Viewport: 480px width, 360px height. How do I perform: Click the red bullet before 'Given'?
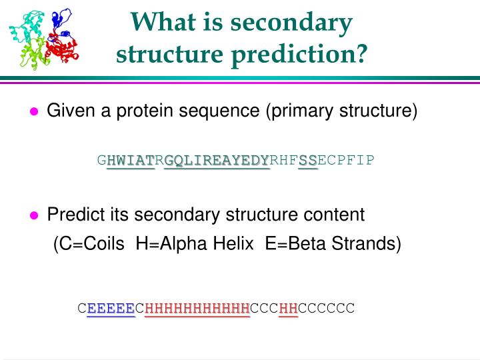click(x=35, y=112)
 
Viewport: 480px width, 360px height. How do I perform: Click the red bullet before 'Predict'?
click(x=35, y=216)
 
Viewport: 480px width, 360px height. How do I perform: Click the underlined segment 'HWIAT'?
click(x=131, y=161)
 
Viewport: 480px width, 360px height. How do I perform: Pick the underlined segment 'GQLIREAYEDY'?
click(x=217, y=161)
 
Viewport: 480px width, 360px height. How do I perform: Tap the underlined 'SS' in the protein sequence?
click(x=308, y=161)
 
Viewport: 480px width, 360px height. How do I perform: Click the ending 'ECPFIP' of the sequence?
click(x=346, y=161)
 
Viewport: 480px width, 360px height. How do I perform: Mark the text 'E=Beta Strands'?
click(x=330, y=244)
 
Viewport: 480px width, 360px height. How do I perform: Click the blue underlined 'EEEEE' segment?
click(x=111, y=308)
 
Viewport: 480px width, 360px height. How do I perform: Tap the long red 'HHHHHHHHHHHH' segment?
click(x=197, y=308)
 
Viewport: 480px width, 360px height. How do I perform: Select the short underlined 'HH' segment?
click(x=289, y=308)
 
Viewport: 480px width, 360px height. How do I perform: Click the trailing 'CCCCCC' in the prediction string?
click(x=327, y=308)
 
